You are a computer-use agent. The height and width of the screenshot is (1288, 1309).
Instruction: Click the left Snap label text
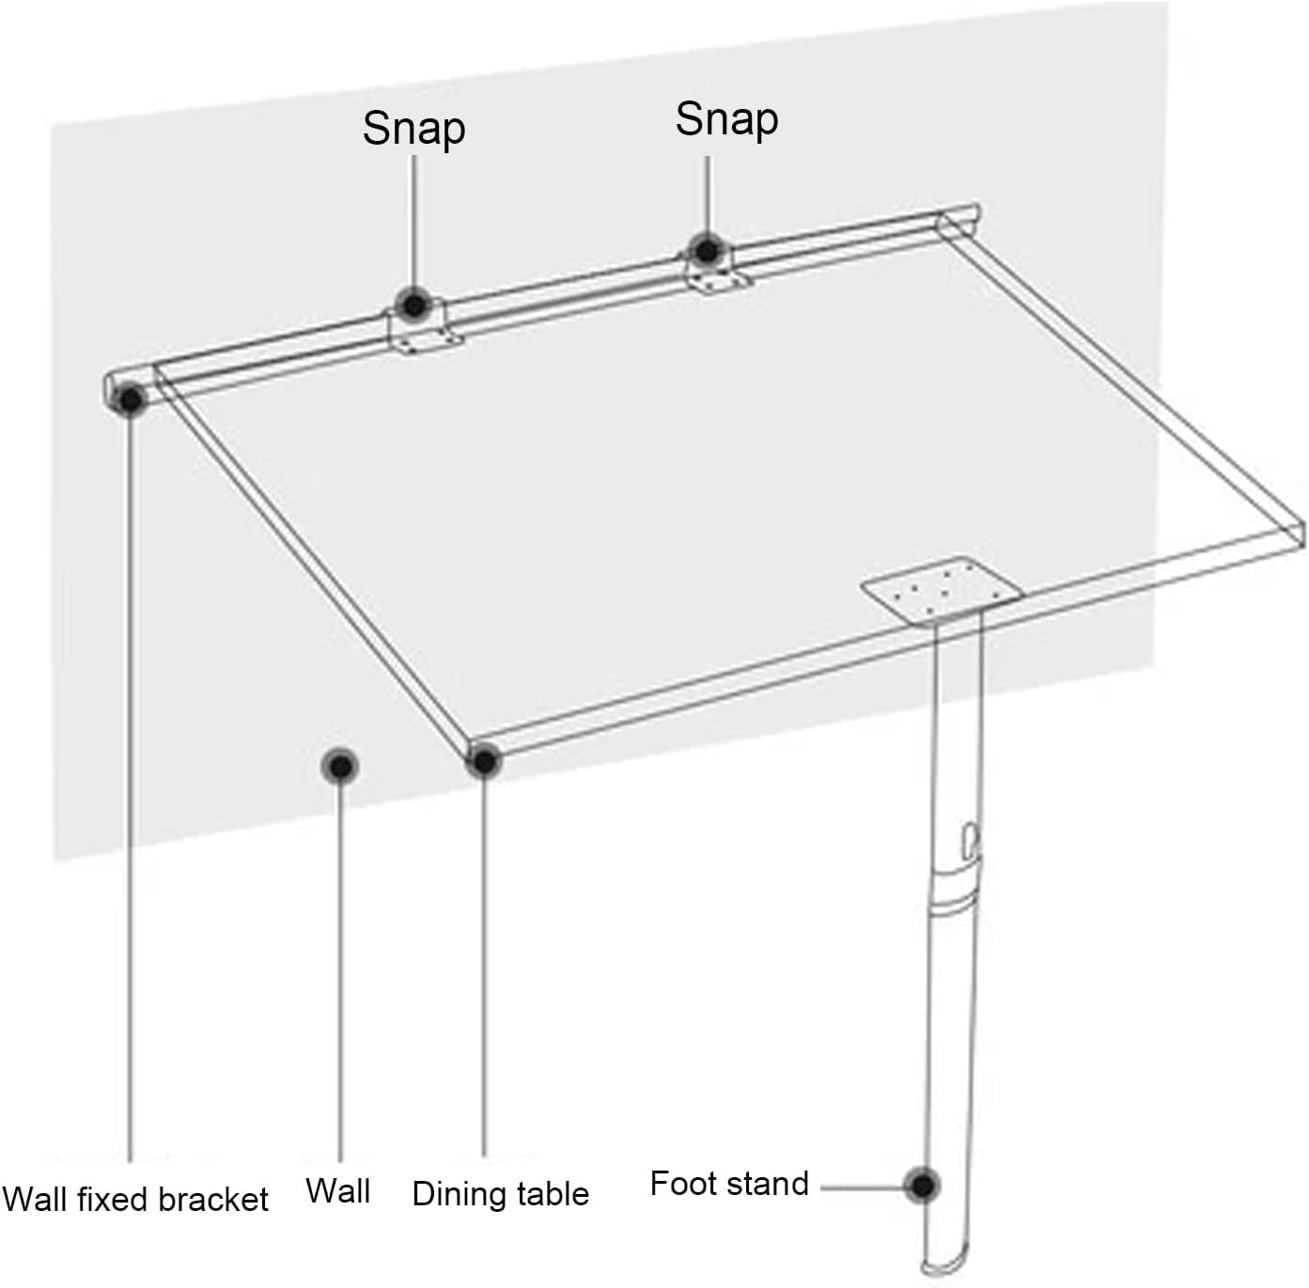click(413, 129)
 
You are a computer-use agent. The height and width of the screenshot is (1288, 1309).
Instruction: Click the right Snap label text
click(726, 119)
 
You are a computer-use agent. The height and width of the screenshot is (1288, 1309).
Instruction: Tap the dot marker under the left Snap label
click(413, 305)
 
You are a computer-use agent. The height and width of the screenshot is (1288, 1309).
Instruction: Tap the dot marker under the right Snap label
click(708, 251)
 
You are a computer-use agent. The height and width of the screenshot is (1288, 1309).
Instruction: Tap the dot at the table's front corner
click(484, 762)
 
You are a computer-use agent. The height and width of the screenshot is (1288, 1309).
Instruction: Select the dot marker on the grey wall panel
click(339, 767)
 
